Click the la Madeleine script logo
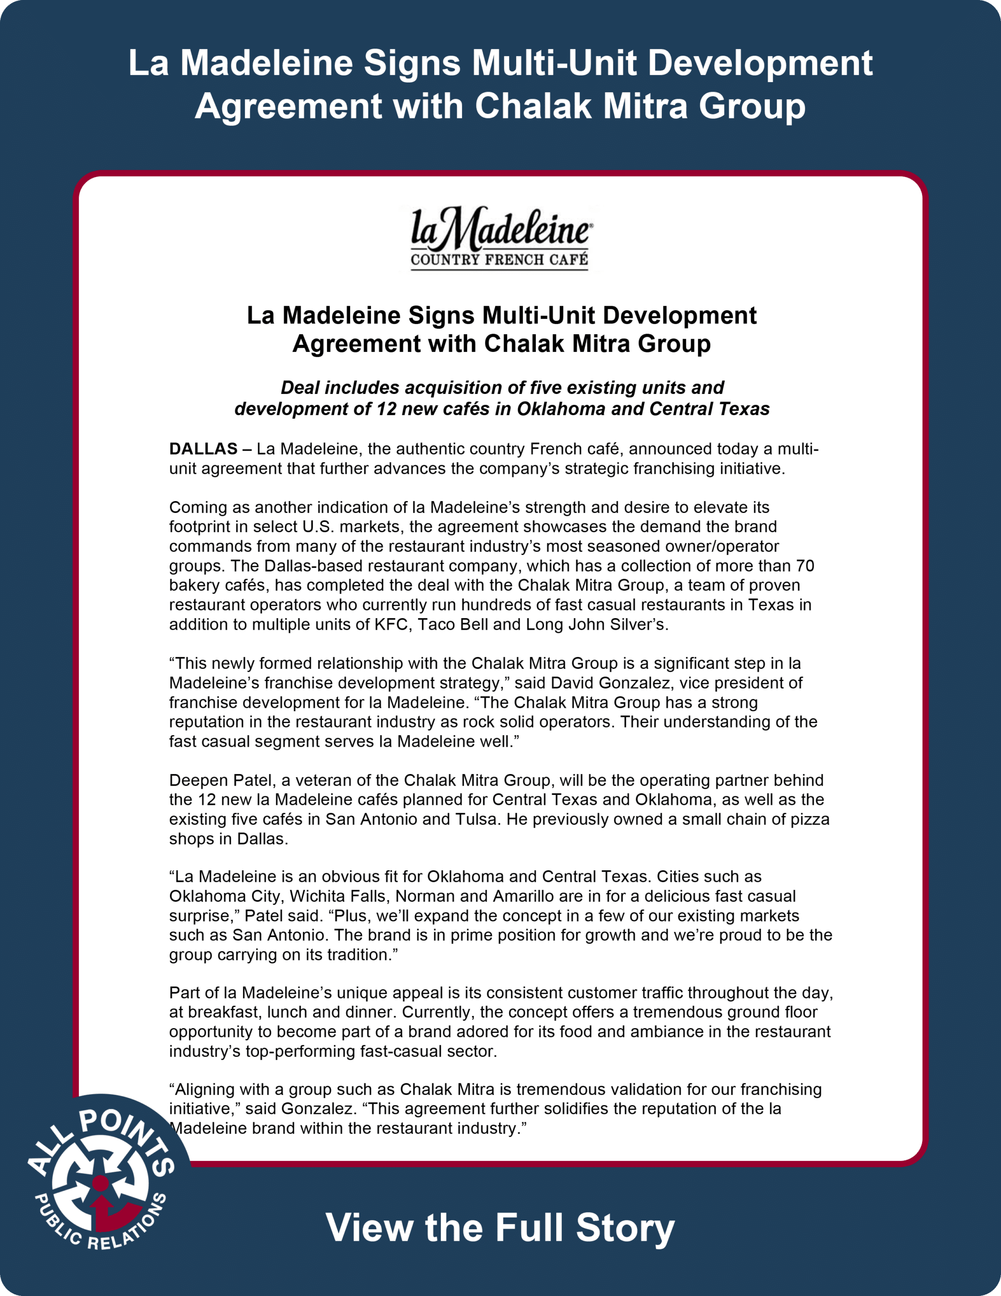click(500, 230)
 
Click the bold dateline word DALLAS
click(203, 449)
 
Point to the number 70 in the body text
click(805, 565)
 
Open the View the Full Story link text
click(500, 1227)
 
